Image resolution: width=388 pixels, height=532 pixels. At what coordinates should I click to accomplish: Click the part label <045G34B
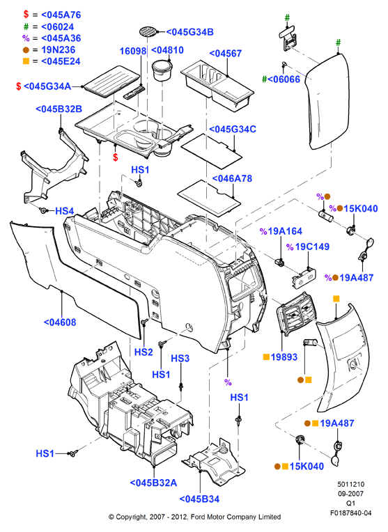(x=189, y=32)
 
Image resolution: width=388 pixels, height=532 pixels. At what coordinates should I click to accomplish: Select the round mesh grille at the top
(x=148, y=31)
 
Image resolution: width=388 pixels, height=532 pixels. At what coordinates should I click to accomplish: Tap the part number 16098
(x=133, y=52)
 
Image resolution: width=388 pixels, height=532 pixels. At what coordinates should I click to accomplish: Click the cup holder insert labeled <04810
(x=162, y=70)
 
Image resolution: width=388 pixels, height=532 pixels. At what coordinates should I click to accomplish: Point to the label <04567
(x=226, y=54)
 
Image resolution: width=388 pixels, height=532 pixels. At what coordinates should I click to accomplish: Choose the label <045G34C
(x=233, y=130)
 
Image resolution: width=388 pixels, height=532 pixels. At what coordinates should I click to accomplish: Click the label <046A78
(x=232, y=178)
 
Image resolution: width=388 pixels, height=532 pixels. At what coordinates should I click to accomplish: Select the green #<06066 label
(x=281, y=79)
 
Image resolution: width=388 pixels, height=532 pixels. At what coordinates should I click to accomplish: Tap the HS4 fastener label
(x=65, y=211)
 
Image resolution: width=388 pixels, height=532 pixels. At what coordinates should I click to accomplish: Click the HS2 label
(x=143, y=352)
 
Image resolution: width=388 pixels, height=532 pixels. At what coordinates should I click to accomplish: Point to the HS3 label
(x=180, y=359)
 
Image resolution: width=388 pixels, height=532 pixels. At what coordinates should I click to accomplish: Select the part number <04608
(x=60, y=322)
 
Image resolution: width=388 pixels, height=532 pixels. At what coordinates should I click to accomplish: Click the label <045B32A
(x=153, y=483)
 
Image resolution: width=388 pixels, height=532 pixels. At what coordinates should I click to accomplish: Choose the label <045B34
(x=199, y=499)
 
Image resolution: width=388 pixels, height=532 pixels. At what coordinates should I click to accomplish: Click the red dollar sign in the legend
(x=26, y=15)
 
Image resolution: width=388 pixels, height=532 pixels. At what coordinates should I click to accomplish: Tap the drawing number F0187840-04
(x=351, y=513)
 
